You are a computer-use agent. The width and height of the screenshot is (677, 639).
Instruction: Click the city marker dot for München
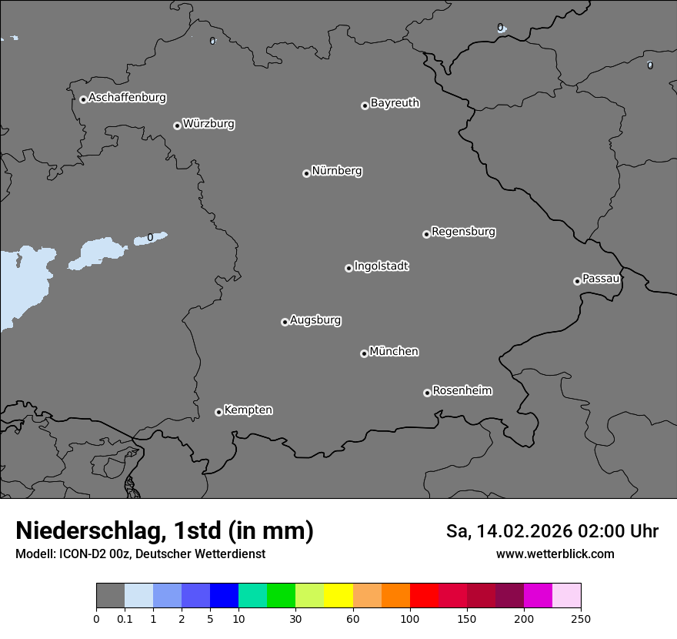[x=364, y=353]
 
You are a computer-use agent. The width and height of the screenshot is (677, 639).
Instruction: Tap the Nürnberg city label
[x=336, y=171]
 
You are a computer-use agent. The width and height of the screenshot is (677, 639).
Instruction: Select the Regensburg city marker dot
[x=426, y=234]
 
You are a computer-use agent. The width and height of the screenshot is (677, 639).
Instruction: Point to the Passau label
[x=601, y=279]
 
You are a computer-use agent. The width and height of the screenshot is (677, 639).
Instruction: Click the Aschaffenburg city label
[x=127, y=98]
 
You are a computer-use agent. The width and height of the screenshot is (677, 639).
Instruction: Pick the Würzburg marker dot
[x=177, y=125]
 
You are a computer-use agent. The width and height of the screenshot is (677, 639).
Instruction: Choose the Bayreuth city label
[x=395, y=103]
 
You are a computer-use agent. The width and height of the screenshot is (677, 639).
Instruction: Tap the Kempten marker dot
[x=218, y=412]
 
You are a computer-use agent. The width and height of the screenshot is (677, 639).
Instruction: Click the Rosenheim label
[x=462, y=390]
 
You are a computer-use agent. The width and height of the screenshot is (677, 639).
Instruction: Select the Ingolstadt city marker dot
[x=349, y=268]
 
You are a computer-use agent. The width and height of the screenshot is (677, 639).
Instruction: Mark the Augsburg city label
[x=315, y=319]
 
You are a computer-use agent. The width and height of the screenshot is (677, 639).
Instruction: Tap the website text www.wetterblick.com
[x=555, y=554]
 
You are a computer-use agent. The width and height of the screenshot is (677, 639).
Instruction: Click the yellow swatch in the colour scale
[x=338, y=596]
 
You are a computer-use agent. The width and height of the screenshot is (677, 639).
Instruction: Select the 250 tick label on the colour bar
[x=581, y=618]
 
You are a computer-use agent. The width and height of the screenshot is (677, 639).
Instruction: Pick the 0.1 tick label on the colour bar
[x=125, y=618]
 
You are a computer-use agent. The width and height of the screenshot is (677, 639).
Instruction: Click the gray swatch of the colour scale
[x=110, y=596]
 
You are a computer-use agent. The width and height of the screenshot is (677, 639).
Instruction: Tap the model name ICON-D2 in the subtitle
[x=80, y=554]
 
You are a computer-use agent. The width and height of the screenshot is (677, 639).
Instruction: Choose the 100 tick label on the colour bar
[x=410, y=618]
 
